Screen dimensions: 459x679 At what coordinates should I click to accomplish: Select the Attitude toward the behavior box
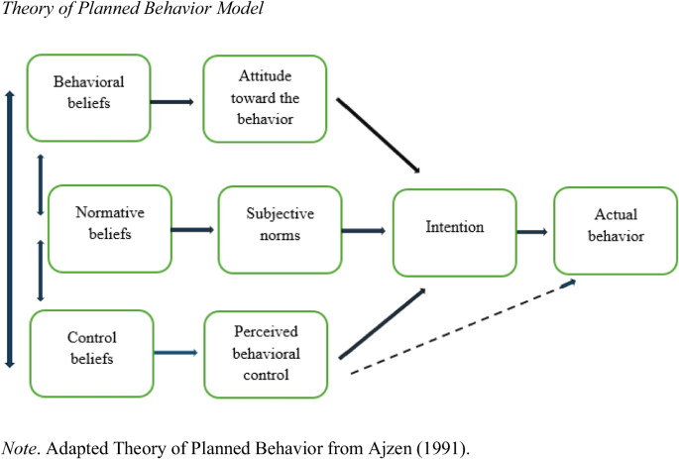pyautogui.click(x=264, y=97)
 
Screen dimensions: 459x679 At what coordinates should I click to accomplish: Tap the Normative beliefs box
pyautogui.click(x=109, y=227)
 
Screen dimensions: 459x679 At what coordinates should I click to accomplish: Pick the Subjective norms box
pyautogui.click(x=280, y=229)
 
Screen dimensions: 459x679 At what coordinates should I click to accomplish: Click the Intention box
pyautogui.click(x=454, y=232)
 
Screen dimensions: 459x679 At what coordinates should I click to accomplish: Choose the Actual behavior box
pyautogui.click(x=615, y=229)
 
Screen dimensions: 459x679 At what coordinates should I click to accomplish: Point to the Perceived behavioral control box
pyautogui.click(x=265, y=354)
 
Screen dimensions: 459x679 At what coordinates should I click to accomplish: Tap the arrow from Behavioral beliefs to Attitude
pyautogui.click(x=174, y=101)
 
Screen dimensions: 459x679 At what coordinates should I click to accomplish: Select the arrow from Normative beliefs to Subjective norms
pyautogui.click(x=192, y=230)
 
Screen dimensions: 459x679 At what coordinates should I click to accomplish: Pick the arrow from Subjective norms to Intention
pyautogui.click(x=363, y=231)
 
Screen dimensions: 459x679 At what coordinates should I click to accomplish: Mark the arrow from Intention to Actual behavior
pyautogui.click(x=532, y=232)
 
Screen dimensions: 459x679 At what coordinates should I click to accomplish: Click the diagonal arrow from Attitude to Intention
pyautogui.click(x=379, y=135)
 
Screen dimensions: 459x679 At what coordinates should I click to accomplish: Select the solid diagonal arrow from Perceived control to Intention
pyautogui.click(x=382, y=324)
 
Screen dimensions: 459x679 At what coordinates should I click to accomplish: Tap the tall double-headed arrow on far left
pyautogui.click(x=10, y=228)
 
